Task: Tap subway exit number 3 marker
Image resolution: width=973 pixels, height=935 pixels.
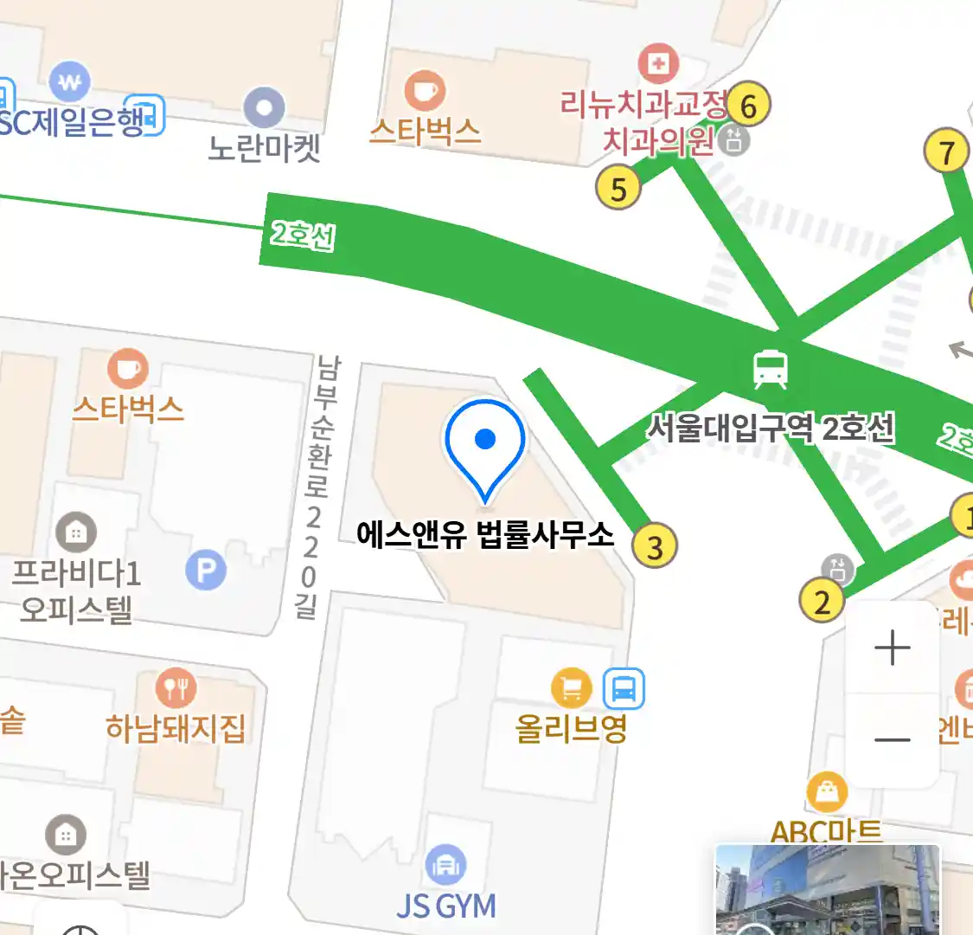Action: (x=655, y=546)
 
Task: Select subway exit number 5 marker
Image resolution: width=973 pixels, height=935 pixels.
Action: (x=618, y=188)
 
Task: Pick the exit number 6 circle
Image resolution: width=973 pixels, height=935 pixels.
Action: (x=748, y=105)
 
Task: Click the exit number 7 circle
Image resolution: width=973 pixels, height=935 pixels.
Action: (x=947, y=152)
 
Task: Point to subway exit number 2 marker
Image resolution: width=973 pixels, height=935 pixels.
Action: (x=822, y=601)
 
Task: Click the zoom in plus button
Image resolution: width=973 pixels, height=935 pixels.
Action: (x=893, y=648)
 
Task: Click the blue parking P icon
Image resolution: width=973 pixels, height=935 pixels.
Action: (x=206, y=571)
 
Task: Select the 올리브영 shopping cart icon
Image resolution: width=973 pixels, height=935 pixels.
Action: (x=572, y=689)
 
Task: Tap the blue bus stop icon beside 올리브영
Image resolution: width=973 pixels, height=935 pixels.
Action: (x=624, y=689)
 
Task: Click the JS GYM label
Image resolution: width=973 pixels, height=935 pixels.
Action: (x=446, y=906)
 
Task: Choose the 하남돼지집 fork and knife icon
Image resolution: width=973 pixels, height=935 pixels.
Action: (x=176, y=689)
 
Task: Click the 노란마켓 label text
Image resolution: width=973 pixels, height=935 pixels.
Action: (x=265, y=148)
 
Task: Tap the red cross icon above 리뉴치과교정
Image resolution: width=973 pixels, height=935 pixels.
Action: (x=658, y=63)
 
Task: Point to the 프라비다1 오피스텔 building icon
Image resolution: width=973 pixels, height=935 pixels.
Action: (x=76, y=532)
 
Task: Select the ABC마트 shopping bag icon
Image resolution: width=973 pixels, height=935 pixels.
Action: (x=827, y=792)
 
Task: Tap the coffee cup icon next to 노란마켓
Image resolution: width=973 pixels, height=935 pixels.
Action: (x=425, y=91)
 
